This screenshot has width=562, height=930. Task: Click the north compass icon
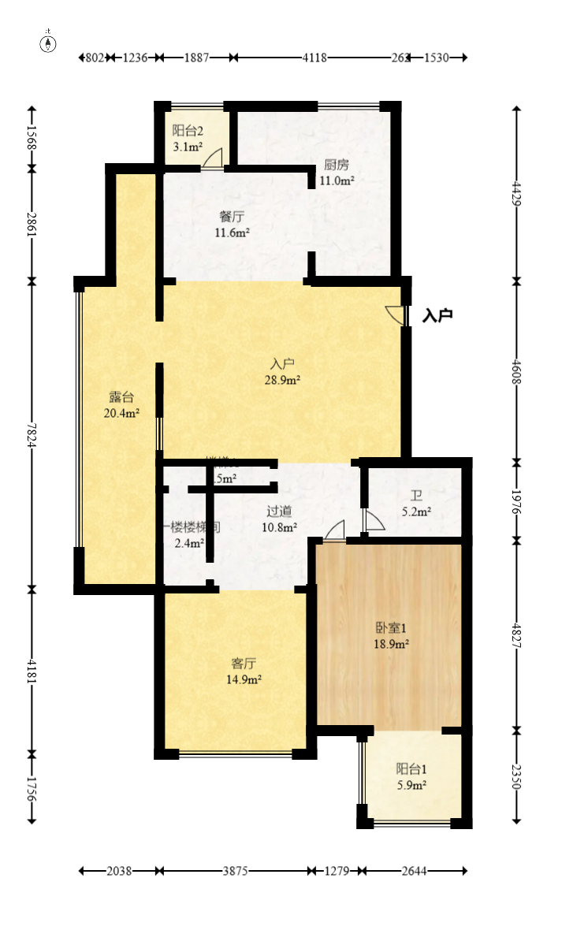click(x=49, y=43)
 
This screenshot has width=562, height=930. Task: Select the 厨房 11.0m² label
click(x=337, y=173)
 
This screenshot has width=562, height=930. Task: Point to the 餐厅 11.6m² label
click(x=232, y=224)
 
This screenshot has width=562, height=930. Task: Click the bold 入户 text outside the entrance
click(x=437, y=316)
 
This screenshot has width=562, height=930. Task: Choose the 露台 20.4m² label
click(x=121, y=404)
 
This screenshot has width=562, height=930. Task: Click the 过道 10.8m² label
click(x=280, y=519)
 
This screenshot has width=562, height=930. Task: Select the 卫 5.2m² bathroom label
click(x=415, y=504)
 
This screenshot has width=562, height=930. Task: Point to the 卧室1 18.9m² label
click(x=391, y=635)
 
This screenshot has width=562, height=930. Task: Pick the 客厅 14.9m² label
click(x=244, y=670)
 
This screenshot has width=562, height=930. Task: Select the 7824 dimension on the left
click(x=32, y=433)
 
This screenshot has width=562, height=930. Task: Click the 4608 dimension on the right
click(x=517, y=370)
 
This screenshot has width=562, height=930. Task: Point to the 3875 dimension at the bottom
click(x=235, y=871)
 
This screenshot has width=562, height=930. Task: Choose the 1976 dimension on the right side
click(x=517, y=500)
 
